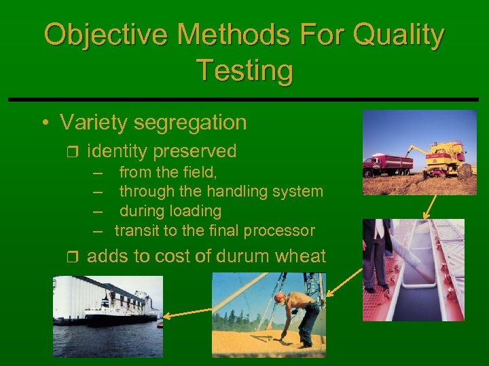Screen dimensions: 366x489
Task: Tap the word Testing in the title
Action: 244,70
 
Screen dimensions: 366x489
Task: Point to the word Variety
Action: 94,123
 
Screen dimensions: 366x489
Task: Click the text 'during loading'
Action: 170,211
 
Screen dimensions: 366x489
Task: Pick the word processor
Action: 279,231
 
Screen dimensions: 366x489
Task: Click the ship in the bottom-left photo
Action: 119,315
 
